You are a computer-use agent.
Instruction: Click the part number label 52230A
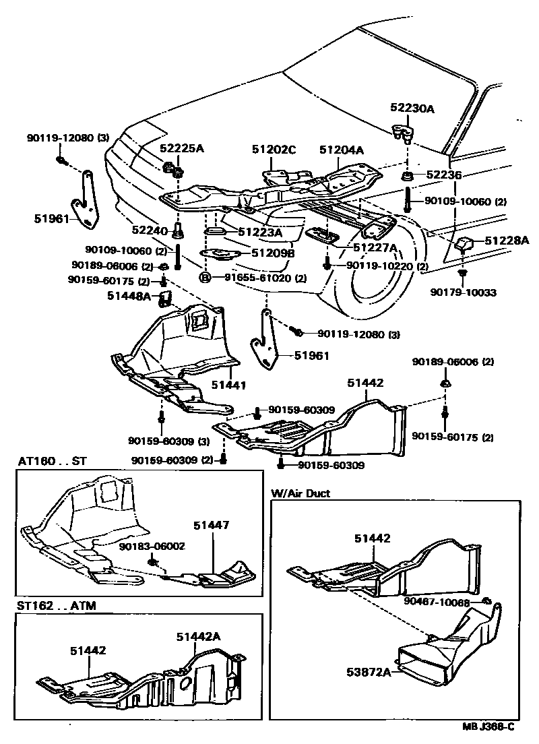pos(413,108)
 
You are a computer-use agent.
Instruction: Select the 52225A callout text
pos(182,148)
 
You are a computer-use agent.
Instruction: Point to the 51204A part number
pos(342,150)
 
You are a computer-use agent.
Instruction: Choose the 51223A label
pos(258,233)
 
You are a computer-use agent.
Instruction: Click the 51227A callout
pos(375,248)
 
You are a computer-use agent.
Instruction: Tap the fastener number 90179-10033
pos(463,292)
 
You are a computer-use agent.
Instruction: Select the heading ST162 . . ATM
pos(57,605)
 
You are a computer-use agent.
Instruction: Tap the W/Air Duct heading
pos(300,493)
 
